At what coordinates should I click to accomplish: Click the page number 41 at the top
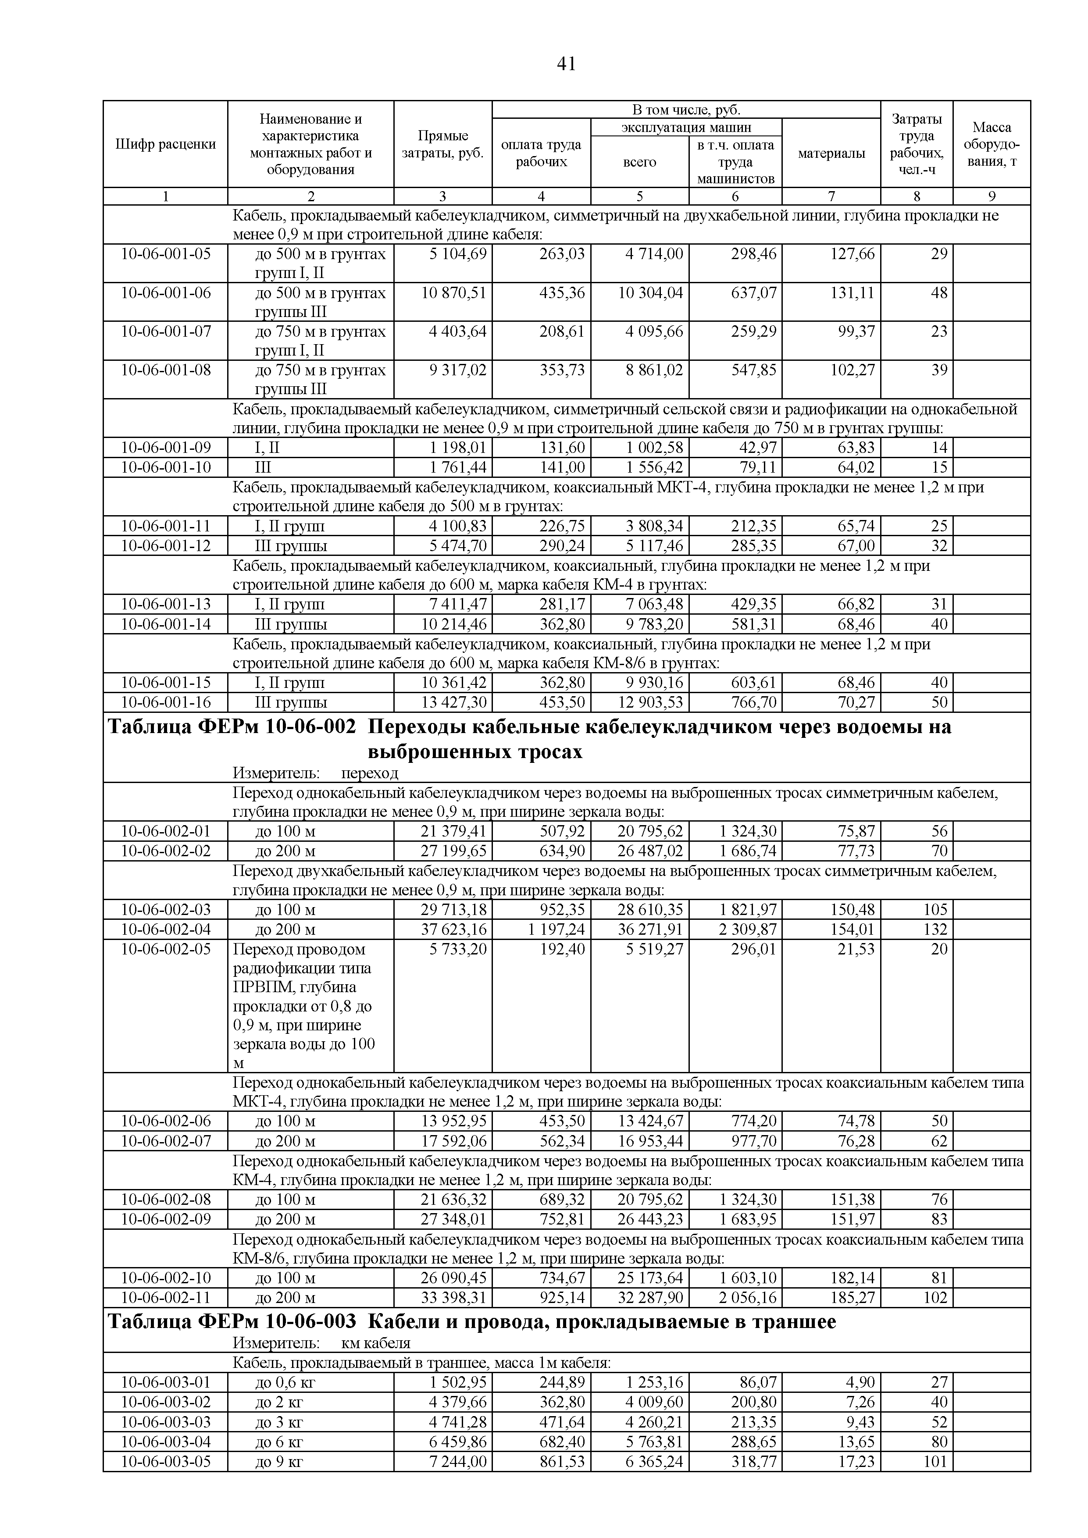(x=566, y=64)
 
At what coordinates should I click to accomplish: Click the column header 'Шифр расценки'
(x=165, y=144)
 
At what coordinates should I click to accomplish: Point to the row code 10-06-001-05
(x=165, y=254)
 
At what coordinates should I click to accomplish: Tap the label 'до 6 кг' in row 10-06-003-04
(x=279, y=1441)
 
